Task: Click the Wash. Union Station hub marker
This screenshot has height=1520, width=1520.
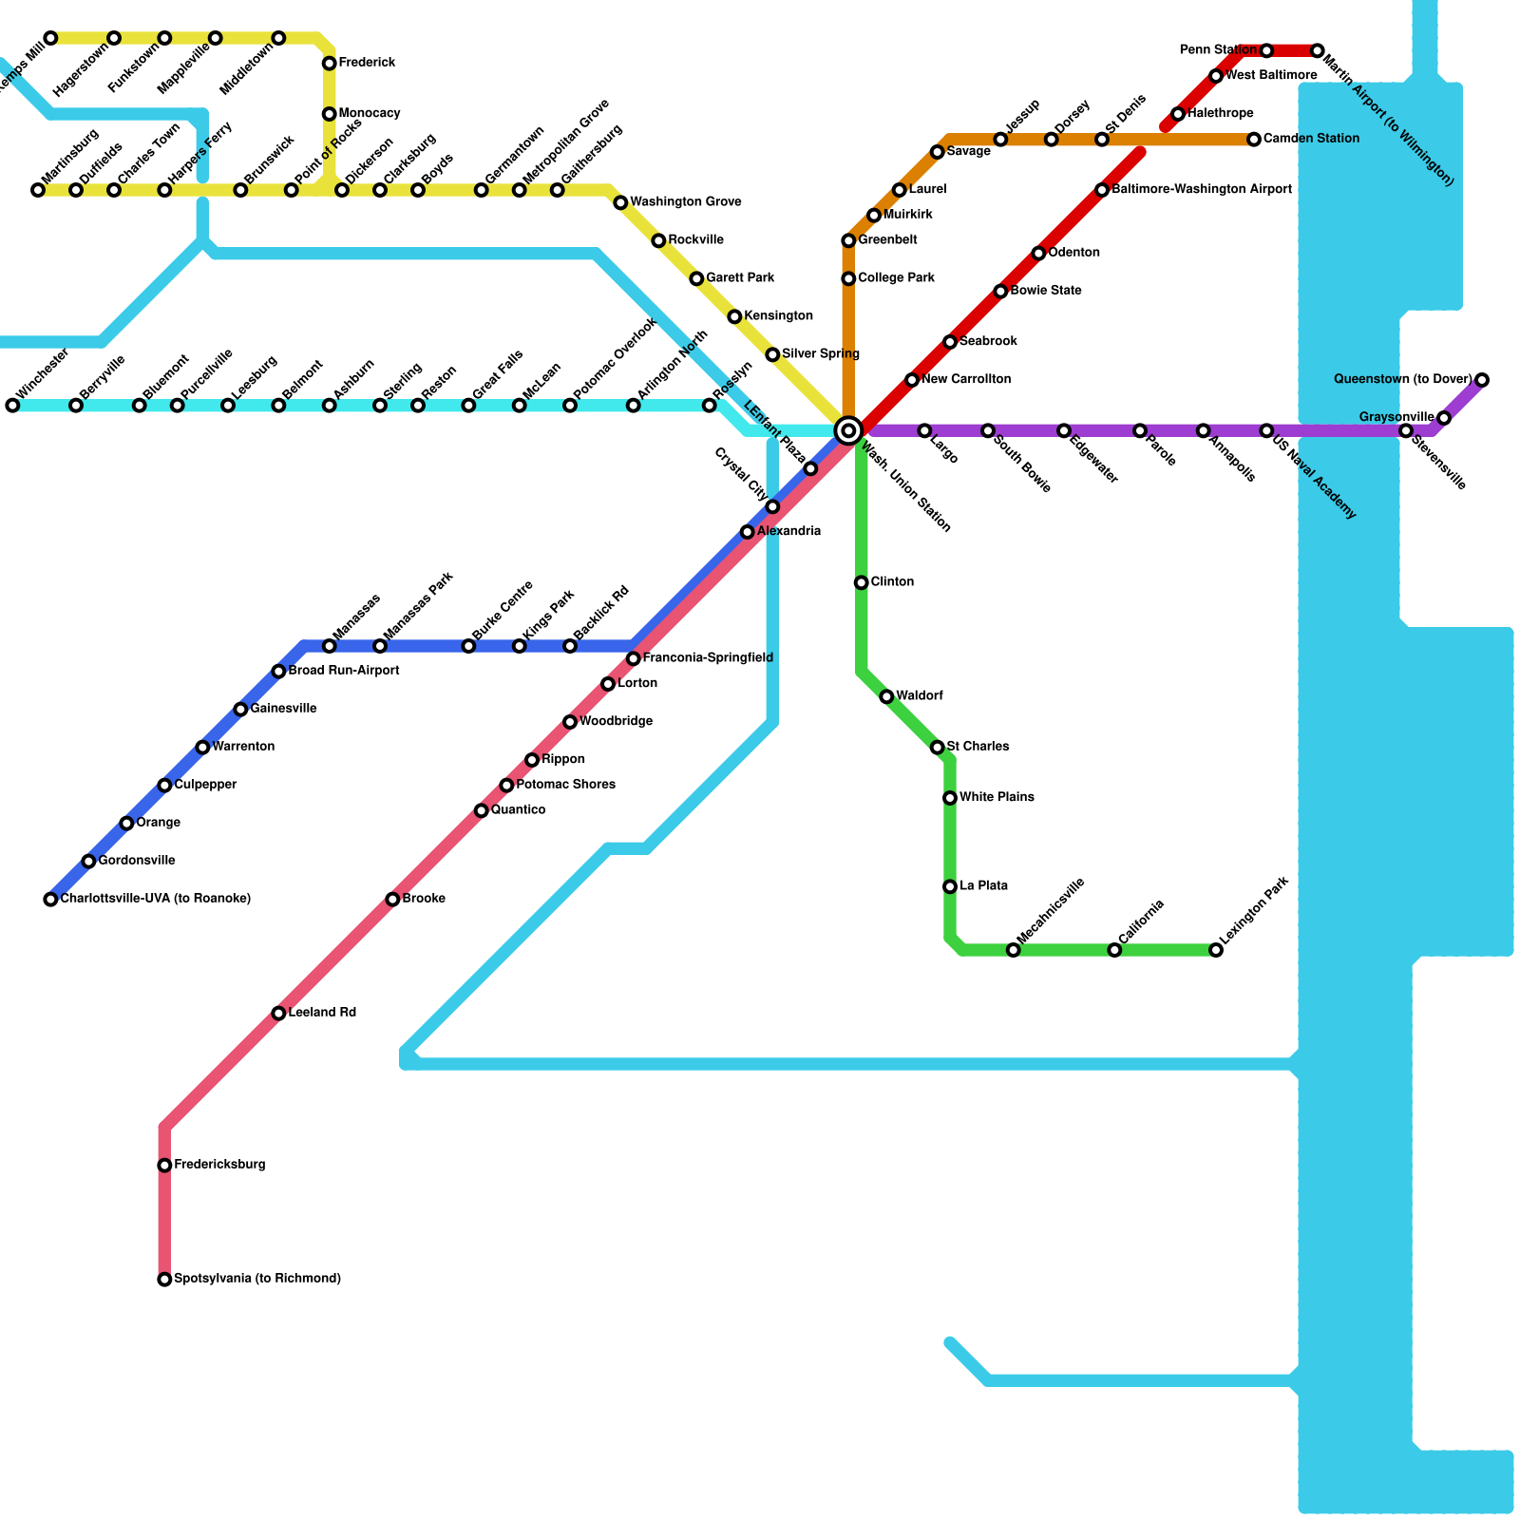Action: click(848, 430)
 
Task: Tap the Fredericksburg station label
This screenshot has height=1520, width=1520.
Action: click(219, 1165)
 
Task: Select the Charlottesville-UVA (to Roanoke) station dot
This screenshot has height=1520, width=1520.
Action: click(50, 900)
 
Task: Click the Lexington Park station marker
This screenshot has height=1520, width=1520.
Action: click(1216, 950)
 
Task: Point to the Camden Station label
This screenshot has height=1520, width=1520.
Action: click(1311, 139)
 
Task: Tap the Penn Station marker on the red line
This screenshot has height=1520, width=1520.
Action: click(1266, 50)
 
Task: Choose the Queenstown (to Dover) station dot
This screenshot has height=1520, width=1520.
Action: click(1482, 380)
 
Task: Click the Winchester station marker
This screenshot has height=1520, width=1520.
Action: click(12, 406)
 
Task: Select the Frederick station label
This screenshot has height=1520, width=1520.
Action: click(367, 63)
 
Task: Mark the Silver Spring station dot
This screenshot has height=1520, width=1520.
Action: click(772, 354)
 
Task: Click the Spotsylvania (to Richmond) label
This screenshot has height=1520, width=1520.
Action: click(257, 1279)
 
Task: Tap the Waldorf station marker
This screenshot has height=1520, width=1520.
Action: click(886, 696)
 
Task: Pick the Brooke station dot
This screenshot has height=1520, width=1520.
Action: click(392, 900)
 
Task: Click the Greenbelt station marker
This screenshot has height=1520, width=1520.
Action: click(848, 240)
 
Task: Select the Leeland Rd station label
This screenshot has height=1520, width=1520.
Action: click(322, 1013)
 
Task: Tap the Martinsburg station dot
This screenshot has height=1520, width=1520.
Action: click(38, 190)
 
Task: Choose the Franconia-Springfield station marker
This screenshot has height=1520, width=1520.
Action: click(634, 658)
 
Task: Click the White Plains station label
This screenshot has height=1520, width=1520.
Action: click(997, 797)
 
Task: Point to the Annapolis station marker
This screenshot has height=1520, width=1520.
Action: click(1204, 430)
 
